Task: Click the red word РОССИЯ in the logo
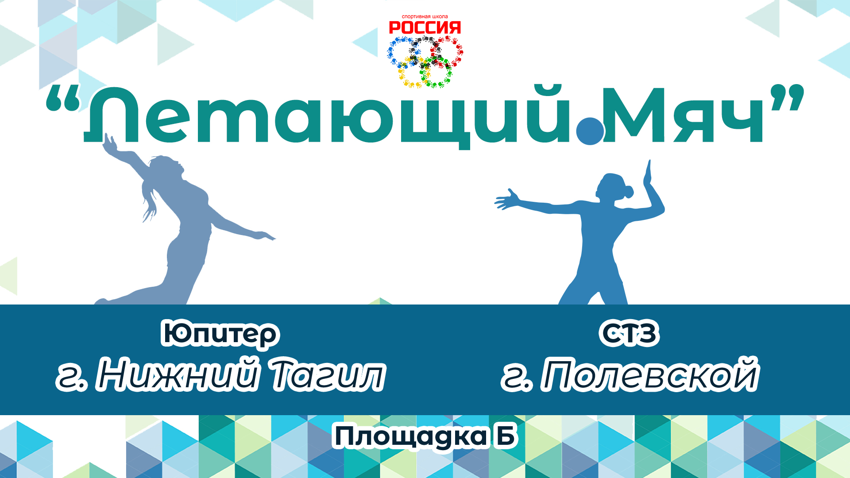[x=425, y=28]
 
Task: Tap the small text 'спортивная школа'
[x=425, y=17]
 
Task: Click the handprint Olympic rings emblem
[x=425, y=62]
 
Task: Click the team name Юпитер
[x=220, y=335]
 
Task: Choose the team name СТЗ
[x=629, y=334]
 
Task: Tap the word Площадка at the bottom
[x=410, y=436]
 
